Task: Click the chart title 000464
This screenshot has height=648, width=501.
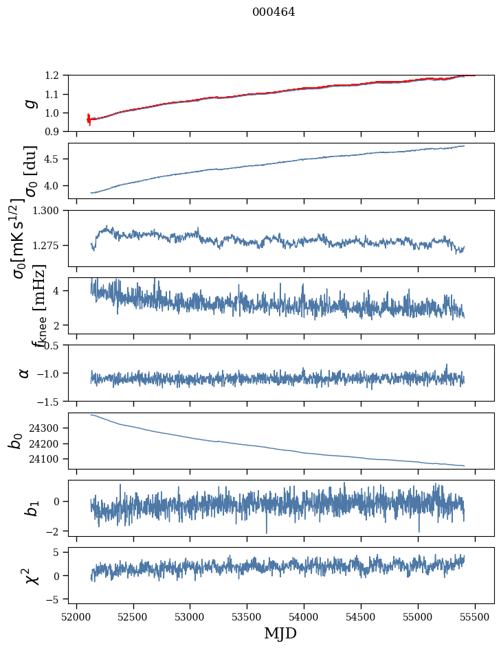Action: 274,12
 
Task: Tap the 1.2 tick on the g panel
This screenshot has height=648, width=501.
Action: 58,76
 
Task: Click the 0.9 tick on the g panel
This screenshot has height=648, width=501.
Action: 58,132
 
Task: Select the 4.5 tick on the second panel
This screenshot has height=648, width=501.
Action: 58,159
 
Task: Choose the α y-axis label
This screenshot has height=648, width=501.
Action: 25,373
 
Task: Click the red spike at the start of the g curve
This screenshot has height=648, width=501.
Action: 89,119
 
